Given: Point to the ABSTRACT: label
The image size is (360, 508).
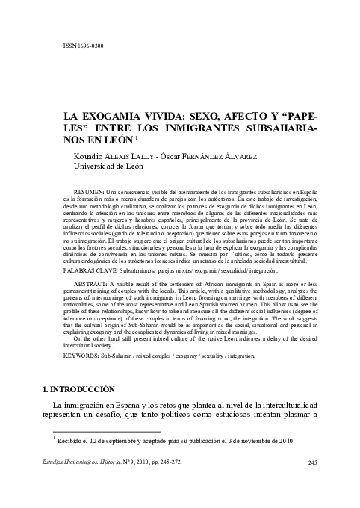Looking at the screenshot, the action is click(x=93, y=285).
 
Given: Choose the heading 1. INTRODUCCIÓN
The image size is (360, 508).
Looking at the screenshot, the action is click(x=78, y=390).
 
